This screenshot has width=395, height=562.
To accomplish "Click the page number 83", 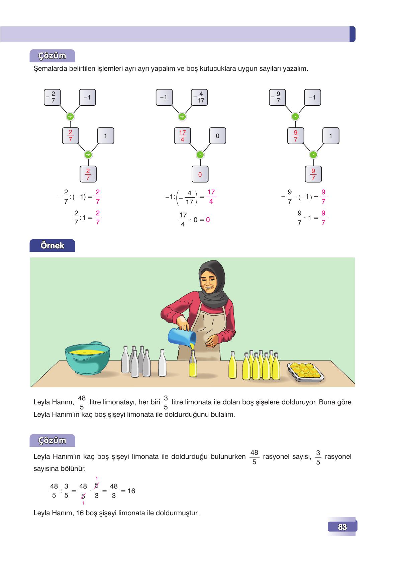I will click(342, 527).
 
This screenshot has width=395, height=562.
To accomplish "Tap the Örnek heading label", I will click(52, 245).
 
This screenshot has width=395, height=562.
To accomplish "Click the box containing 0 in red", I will click(200, 174).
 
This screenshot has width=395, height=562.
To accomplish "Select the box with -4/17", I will click(200, 98).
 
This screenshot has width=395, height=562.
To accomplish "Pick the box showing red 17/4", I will click(182, 136).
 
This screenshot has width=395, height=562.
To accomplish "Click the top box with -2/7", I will click(52, 98).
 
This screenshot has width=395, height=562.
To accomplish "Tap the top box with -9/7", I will click(278, 98).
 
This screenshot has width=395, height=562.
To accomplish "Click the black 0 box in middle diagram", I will click(217, 136).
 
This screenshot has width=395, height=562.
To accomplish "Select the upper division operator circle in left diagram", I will click(70, 117).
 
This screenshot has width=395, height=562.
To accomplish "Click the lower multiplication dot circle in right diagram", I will click(313, 155).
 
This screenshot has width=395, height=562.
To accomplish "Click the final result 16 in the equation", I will click(131, 491).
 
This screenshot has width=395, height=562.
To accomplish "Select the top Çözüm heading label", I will click(52, 56).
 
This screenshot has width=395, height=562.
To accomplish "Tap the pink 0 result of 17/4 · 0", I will click(208, 220).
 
